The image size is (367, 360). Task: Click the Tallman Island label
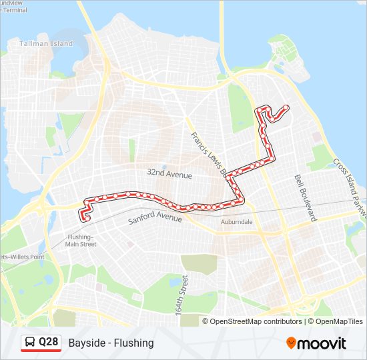[46, 43]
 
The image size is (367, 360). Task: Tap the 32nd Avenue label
[169, 175]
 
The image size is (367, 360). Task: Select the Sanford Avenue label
[154, 217]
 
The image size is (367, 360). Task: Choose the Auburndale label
[236, 221]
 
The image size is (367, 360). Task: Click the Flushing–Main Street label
[81, 241]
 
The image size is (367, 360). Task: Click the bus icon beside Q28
[30, 343]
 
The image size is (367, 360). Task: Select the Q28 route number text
[49, 343]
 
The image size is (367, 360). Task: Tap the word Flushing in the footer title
[133, 343]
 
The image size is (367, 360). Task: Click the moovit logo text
[322, 343]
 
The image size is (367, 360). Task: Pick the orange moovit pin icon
[291, 343]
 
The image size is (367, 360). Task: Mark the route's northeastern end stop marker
[287, 107]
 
